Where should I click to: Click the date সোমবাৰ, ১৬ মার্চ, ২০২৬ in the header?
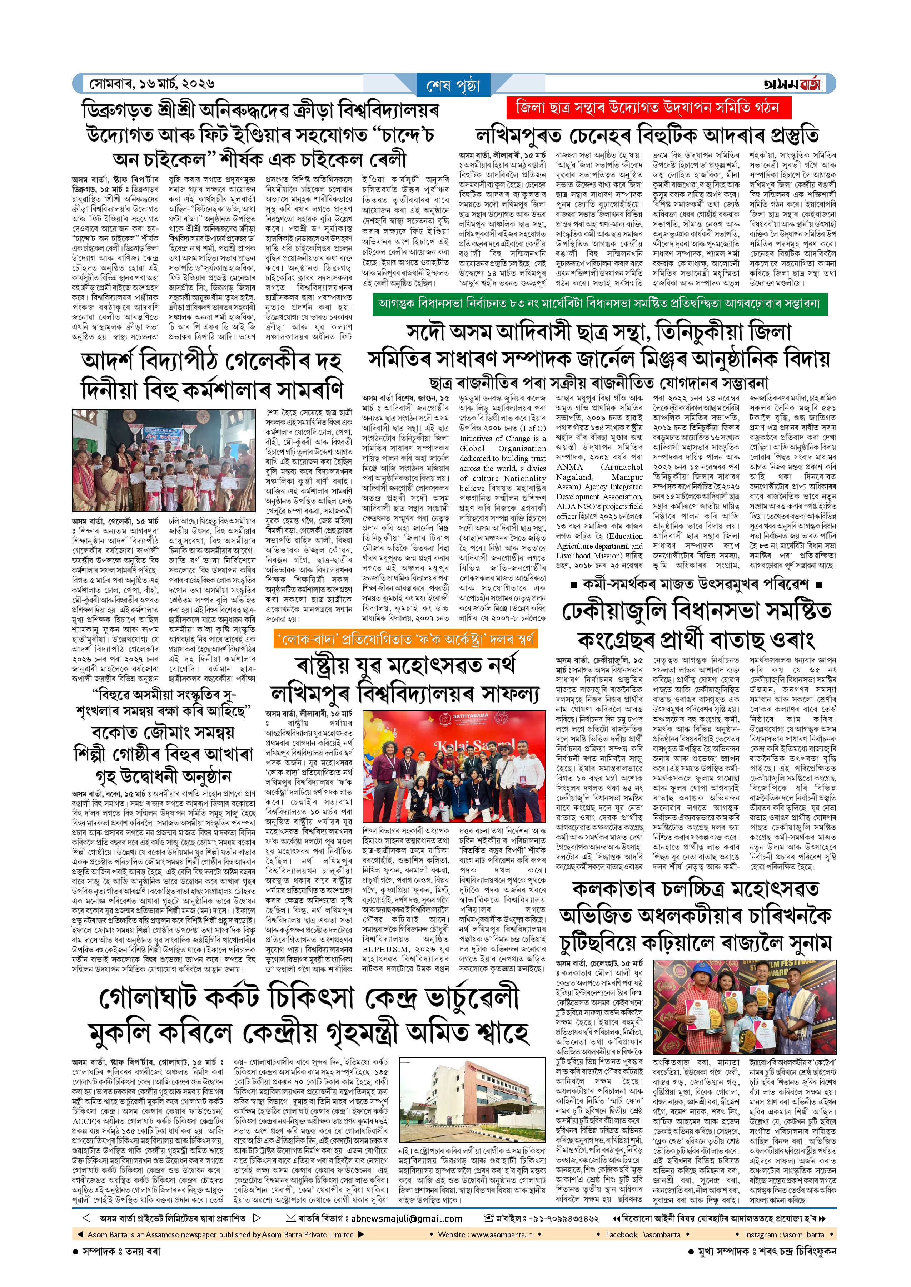pyautogui.click(x=151, y=84)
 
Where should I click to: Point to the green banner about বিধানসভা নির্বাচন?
pyautogui.click(x=599, y=304)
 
